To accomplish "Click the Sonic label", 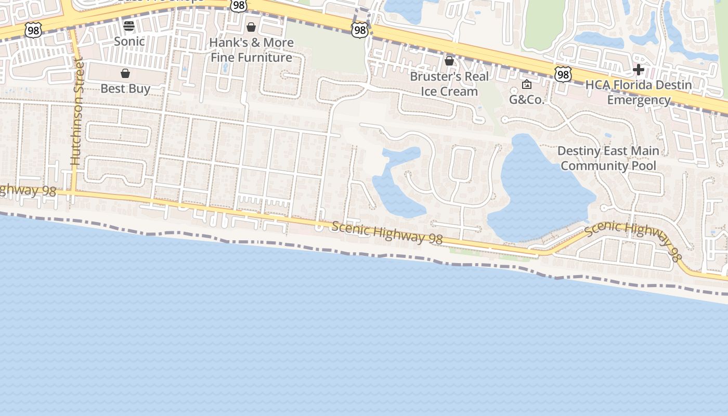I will coord(129,41).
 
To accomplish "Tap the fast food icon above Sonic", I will coord(129,25).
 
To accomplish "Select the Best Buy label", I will coord(125,88).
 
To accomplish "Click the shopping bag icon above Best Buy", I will coord(125,73).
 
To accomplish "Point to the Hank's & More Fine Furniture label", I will coord(251,50).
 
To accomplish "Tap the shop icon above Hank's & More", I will coord(251,27).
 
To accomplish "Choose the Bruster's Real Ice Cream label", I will coord(449,84).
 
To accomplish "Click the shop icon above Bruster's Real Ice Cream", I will coord(449,61).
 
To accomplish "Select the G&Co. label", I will coord(526,100).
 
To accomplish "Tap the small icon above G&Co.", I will coord(526,84).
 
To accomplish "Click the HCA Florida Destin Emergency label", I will coord(639,92).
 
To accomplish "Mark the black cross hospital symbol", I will coord(639,70).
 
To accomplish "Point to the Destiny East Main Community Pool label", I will coord(608,158).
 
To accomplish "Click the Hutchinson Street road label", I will coord(77,112).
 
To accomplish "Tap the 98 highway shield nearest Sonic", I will coord(33,30).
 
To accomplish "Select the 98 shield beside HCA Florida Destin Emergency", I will coord(563,74).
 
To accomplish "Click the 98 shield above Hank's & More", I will coord(239,5).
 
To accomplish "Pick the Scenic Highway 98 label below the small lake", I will coord(387,232).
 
